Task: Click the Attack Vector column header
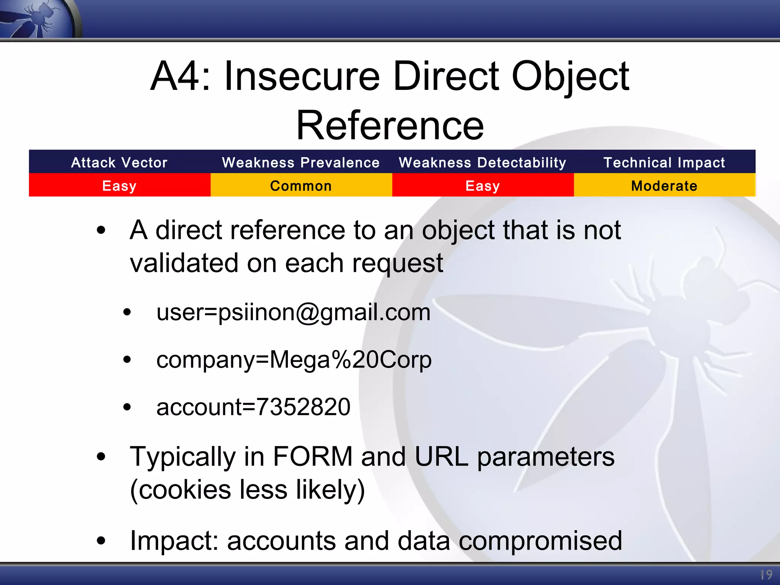point(119,163)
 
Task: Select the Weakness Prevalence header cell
point(301,163)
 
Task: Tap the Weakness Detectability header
point(483,163)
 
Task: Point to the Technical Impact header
point(664,163)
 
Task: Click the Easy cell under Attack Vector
point(119,186)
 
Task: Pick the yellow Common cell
point(301,186)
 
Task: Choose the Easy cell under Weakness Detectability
point(483,186)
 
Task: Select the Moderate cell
point(664,186)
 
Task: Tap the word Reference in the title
point(390,126)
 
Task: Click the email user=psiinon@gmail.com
point(293,312)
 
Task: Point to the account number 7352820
point(303,407)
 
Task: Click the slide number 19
point(766,575)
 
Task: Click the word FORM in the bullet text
point(313,456)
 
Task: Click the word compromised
point(540,541)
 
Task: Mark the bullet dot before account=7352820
point(127,407)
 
